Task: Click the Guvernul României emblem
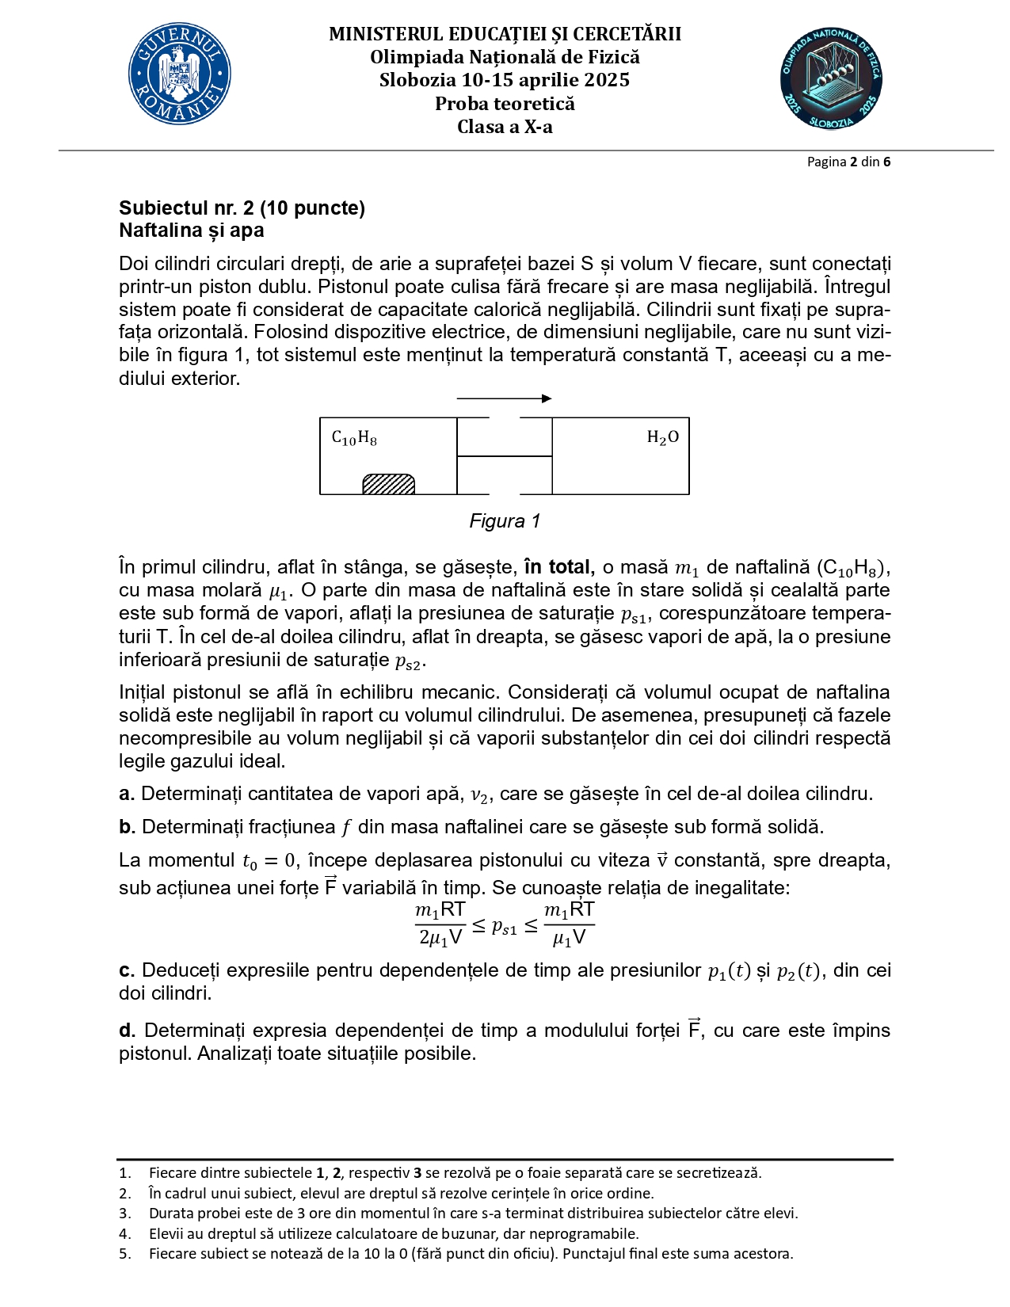[x=180, y=74]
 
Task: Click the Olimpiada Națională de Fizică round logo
[x=830, y=78]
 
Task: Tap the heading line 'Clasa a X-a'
[x=505, y=127]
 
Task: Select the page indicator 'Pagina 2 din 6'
[x=848, y=162]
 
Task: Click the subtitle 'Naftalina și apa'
[x=192, y=231]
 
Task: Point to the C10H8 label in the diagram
[x=354, y=438]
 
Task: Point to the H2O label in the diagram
[x=662, y=437]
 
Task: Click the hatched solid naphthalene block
[x=388, y=484]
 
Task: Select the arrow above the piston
[x=504, y=398]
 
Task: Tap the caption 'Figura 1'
[x=505, y=521]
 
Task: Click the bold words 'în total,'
[x=558, y=567]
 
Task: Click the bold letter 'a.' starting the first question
[x=127, y=794]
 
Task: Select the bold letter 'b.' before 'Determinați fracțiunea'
[x=128, y=827]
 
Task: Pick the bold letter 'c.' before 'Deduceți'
[x=127, y=970]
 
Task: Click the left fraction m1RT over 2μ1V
[x=440, y=924]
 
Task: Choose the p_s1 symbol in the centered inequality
[x=505, y=925]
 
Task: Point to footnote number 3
[x=124, y=1214]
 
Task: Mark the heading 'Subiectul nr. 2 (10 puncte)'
[x=242, y=208]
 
